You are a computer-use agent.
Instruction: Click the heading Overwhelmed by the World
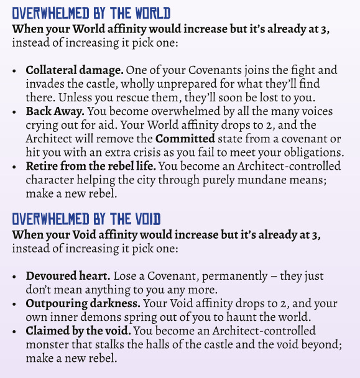(x=91, y=12)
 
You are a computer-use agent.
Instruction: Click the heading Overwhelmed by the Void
(x=86, y=219)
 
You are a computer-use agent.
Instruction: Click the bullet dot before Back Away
(x=15, y=113)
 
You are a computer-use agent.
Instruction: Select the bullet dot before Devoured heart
(x=15, y=276)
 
